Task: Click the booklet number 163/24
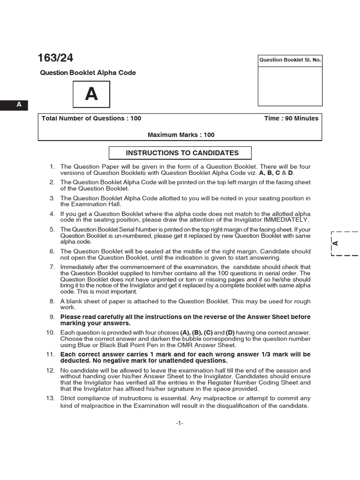pyautogui.click(x=55, y=58)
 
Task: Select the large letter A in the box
pyautogui.click(x=91, y=94)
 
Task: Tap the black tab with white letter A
pyautogui.click(x=19, y=105)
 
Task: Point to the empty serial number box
pyautogui.click(x=290, y=86)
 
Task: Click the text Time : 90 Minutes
pyautogui.click(x=291, y=119)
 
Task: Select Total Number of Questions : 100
pyautogui.click(x=91, y=119)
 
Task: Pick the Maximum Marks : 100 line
pyautogui.click(x=181, y=135)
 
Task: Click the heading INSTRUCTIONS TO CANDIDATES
pyautogui.click(x=182, y=153)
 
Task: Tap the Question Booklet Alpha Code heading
pyautogui.click(x=88, y=73)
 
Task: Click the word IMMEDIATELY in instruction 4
pyautogui.click(x=286, y=220)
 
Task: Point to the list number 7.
pyautogui.click(x=52, y=267)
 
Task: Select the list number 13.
pyautogui.click(x=51, y=398)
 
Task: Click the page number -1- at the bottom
pyautogui.click(x=180, y=423)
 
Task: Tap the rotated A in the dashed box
pyautogui.click(x=336, y=243)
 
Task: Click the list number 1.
pyautogui.click(x=52, y=167)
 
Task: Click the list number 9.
pyautogui.click(x=52, y=317)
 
